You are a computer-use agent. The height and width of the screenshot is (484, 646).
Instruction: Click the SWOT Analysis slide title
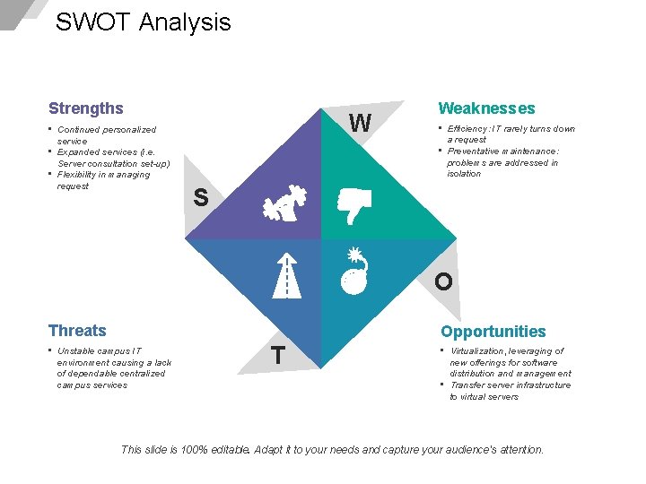(143, 22)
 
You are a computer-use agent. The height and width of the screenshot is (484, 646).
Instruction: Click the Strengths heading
(86, 108)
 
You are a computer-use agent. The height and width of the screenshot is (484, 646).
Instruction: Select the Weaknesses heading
(486, 108)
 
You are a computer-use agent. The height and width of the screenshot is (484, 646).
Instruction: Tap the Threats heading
(77, 331)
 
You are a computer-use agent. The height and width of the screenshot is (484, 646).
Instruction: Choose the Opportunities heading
(493, 332)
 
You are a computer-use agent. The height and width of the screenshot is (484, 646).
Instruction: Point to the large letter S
(201, 198)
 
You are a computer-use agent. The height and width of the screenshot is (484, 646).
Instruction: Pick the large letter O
(443, 281)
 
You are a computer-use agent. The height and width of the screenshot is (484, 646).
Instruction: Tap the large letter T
(279, 356)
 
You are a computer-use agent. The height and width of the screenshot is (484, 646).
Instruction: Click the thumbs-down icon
(353, 205)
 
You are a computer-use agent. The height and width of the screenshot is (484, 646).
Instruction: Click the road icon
(287, 273)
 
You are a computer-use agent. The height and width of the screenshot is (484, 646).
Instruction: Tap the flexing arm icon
(287, 206)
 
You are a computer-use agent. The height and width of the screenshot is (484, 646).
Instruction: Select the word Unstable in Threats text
(74, 350)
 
